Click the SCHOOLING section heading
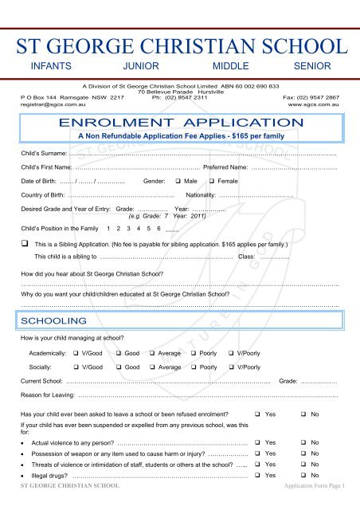click(53, 320)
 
